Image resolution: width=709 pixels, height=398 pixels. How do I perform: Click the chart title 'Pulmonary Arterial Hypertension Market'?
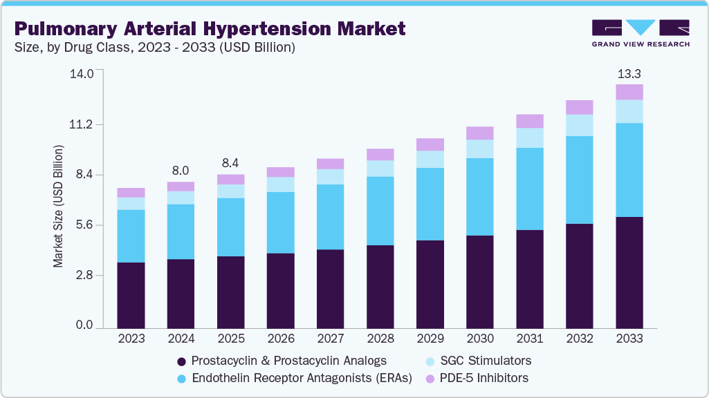[x=209, y=28]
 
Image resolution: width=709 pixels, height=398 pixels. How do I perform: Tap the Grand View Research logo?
[x=641, y=33]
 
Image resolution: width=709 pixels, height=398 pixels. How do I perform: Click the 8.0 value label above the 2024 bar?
[x=181, y=171]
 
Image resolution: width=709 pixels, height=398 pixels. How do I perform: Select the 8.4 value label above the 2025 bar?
[x=230, y=163]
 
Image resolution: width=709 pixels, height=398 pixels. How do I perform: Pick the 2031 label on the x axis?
[x=529, y=339]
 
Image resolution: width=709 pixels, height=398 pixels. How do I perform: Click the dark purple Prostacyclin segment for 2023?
[x=131, y=295]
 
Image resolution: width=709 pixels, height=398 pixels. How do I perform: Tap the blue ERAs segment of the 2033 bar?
[x=629, y=170]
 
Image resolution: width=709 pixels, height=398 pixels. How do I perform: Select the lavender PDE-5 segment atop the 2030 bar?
[x=479, y=133]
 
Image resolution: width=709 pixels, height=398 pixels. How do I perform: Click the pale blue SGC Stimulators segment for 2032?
[x=579, y=125]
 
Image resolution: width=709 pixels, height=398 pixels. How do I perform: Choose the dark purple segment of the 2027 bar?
[x=330, y=288]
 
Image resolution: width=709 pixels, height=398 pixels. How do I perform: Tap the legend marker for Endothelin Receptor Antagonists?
[x=182, y=378]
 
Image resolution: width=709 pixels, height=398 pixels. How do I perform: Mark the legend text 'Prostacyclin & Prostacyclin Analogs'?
[x=288, y=361]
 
